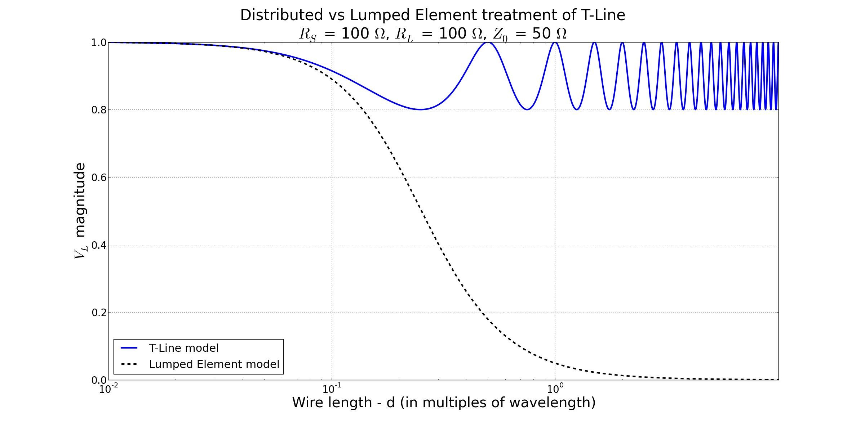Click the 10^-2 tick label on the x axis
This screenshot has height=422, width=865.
(108, 389)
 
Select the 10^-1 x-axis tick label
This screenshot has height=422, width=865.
(332, 389)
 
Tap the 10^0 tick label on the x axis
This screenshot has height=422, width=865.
(555, 389)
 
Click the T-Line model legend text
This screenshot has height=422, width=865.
(184, 348)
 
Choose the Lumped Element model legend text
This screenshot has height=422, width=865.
(214, 364)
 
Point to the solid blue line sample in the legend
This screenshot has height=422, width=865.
(129, 348)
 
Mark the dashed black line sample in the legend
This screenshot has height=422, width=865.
(129, 364)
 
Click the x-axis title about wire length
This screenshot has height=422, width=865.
(444, 403)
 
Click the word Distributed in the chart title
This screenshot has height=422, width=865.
(281, 15)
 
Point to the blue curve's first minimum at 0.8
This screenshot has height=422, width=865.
(420, 109)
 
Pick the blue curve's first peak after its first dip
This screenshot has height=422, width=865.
(488, 43)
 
